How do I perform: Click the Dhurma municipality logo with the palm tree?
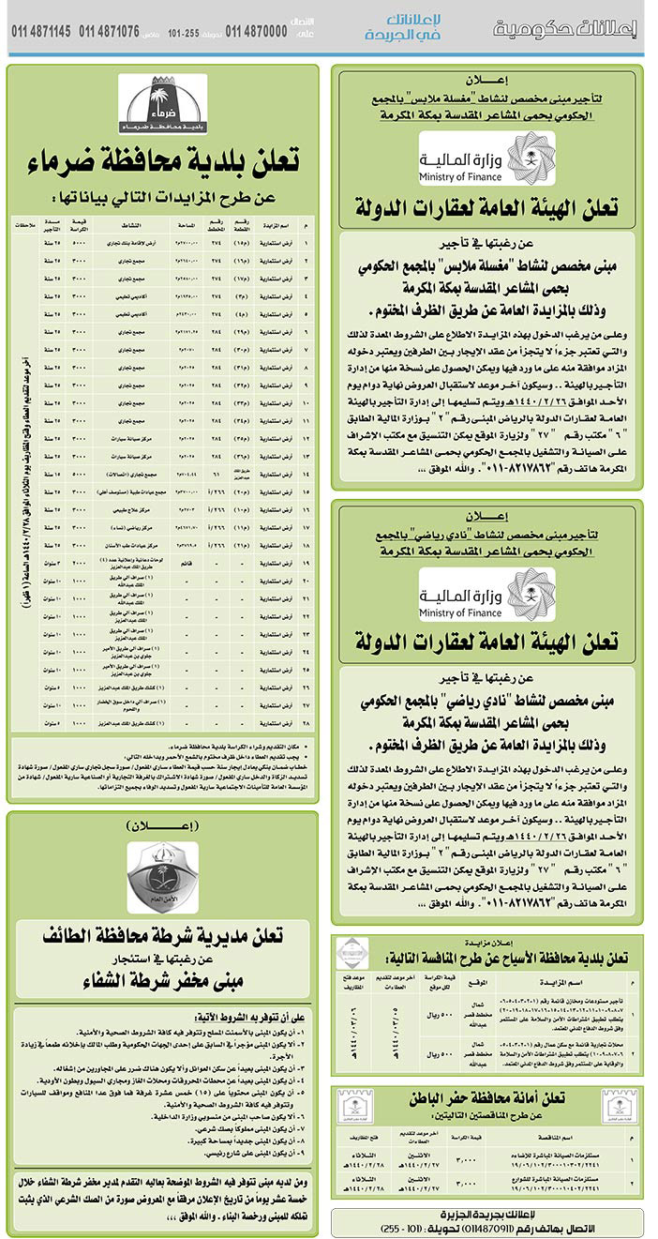(162, 103)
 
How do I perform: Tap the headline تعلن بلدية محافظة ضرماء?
(163, 161)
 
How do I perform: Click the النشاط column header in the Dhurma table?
(126, 226)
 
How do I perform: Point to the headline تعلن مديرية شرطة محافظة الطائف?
(163, 935)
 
